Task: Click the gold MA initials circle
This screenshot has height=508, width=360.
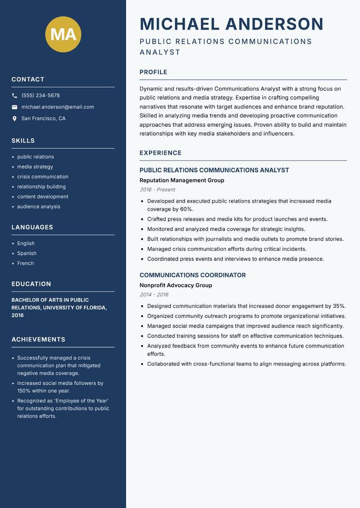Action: tap(63, 34)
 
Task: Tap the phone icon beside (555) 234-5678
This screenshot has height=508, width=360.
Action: tap(14, 96)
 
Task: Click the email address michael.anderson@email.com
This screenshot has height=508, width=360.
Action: tap(58, 107)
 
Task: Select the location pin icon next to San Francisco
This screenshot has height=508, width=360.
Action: tap(14, 119)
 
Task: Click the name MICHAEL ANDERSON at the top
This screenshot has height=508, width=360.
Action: tap(231, 24)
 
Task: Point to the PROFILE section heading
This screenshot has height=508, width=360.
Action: tap(153, 72)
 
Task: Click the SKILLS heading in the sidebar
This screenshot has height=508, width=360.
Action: tap(23, 141)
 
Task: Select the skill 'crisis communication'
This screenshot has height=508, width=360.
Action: tap(43, 177)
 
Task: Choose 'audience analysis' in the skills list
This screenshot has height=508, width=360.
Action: tap(39, 207)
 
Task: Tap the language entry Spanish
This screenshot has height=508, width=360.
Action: tap(27, 253)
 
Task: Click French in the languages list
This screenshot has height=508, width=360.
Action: tap(26, 263)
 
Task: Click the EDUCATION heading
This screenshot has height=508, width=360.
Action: tap(31, 284)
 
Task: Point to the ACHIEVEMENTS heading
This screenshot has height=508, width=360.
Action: tap(38, 339)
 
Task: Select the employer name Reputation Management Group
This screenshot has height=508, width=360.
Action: tap(182, 180)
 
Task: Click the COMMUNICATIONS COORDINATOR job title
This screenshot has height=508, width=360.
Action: tap(193, 275)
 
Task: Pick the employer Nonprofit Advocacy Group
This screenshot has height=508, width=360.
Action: tap(175, 285)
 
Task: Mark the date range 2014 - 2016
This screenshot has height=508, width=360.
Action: tap(154, 295)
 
